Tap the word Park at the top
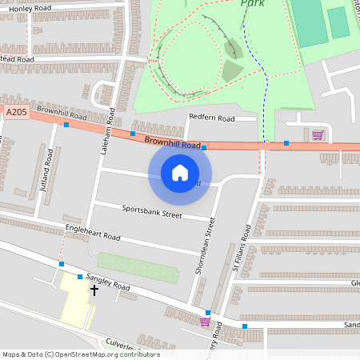click(x=252, y=3)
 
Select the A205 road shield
click(x=16, y=113)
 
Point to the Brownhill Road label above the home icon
click(x=172, y=144)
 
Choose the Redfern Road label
click(x=211, y=118)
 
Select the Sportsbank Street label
click(x=152, y=213)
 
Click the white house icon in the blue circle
click(x=180, y=172)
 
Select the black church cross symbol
click(x=94, y=290)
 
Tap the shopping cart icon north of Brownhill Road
click(x=318, y=135)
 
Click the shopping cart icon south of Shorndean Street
click(x=205, y=322)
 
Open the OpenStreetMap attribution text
click(x=80, y=354)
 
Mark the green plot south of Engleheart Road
click(x=127, y=262)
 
